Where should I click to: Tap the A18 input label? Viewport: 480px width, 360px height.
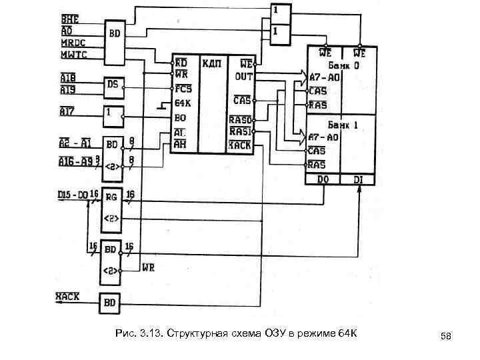(68, 77)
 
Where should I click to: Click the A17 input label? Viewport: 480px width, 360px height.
(67, 113)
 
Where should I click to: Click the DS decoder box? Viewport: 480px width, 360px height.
(113, 87)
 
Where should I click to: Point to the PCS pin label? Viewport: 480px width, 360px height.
(183, 88)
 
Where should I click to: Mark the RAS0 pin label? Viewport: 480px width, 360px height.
(241, 120)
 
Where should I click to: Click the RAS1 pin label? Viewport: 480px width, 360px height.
(241, 131)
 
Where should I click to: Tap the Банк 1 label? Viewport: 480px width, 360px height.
(345, 125)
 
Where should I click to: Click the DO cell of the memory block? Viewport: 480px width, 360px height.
(323, 180)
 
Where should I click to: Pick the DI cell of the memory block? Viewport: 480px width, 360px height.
(359, 180)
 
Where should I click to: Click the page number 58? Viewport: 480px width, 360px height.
(446, 337)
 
